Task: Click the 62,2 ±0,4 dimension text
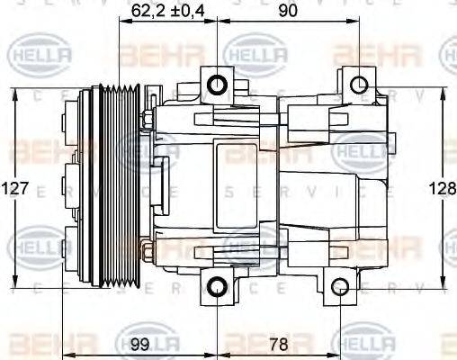pos(169,10)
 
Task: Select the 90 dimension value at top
pos(287,10)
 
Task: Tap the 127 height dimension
pos(15,190)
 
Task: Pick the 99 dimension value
pos(139,344)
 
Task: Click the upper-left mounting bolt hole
pos(218,85)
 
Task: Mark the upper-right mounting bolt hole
pos(358,85)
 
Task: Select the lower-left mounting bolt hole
pos(218,288)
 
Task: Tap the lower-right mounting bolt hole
pos(340,288)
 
